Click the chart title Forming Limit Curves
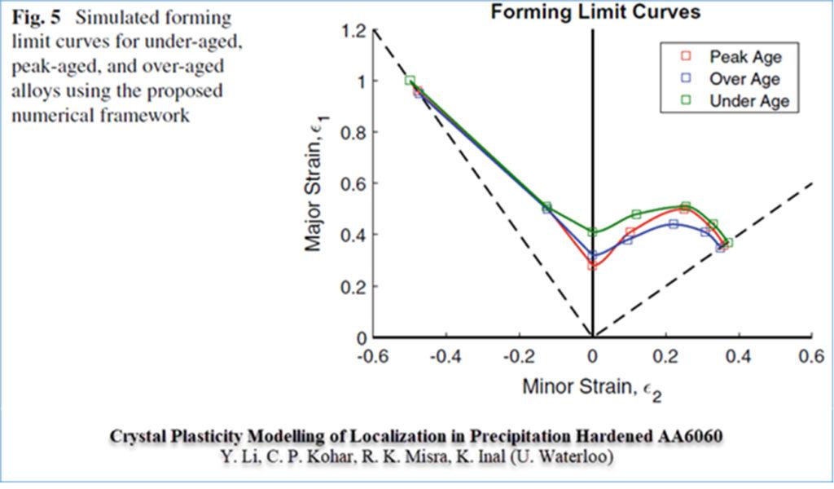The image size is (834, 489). click(x=595, y=11)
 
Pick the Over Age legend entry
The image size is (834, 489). click(x=744, y=79)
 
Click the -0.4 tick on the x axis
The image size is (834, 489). click(x=446, y=357)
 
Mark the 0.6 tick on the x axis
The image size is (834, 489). click(x=810, y=357)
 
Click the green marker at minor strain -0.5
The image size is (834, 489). click(x=410, y=81)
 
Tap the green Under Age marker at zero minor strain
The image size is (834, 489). click(x=593, y=232)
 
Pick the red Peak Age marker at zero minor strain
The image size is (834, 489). click(x=593, y=266)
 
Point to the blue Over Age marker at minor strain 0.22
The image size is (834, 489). click(x=674, y=224)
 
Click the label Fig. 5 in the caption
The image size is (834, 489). click(x=30, y=17)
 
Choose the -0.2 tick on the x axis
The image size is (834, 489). click(x=519, y=357)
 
